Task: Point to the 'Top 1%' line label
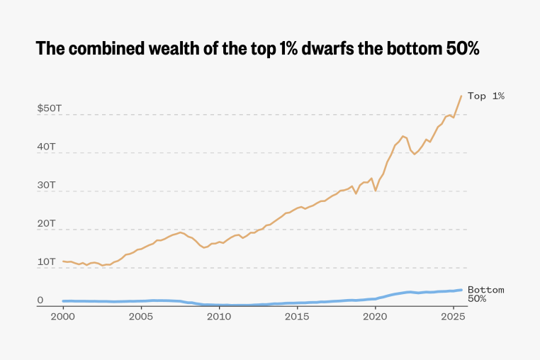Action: point(485,96)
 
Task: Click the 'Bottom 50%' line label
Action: point(485,294)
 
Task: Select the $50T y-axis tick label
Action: point(50,108)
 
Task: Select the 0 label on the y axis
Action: point(40,300)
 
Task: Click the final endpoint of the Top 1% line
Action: point(461,96)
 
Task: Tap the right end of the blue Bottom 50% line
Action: point(462,290)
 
